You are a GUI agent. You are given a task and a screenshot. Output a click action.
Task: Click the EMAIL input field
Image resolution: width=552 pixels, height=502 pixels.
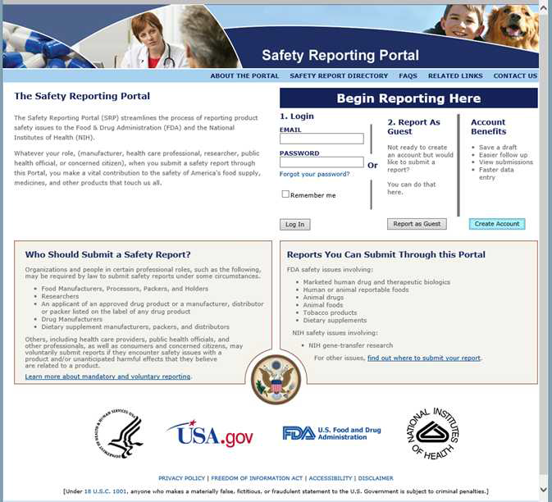322,139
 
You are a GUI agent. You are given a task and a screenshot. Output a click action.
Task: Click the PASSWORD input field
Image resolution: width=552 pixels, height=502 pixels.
322,162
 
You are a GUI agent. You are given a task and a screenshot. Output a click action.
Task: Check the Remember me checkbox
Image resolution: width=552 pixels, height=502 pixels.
285,194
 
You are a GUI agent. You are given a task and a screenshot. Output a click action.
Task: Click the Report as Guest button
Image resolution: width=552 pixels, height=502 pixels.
417,224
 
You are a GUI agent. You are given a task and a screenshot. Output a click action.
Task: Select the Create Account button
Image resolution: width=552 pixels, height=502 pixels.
497,224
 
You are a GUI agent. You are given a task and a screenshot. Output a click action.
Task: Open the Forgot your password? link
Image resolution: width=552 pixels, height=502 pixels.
314,174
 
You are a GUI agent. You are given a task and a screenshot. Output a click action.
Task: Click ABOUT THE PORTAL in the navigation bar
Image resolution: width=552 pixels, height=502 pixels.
244,76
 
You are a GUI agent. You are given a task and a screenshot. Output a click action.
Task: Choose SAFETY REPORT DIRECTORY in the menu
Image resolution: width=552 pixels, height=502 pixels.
339,76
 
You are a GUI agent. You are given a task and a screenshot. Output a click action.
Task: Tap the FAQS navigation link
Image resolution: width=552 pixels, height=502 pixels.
408,76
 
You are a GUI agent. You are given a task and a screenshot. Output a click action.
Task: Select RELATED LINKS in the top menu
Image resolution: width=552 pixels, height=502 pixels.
455,76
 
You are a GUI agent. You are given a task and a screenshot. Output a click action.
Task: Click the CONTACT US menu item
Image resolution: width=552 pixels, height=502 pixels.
515,76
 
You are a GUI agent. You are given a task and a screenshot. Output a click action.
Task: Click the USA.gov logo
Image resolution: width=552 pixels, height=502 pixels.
211,434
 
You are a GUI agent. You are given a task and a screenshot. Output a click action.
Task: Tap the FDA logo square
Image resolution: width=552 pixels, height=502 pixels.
299,433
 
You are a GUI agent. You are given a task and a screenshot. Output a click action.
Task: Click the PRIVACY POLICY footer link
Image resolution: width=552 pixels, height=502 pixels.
181,478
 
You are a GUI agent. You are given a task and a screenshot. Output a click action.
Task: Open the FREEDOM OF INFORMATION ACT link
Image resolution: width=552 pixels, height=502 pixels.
257,478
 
